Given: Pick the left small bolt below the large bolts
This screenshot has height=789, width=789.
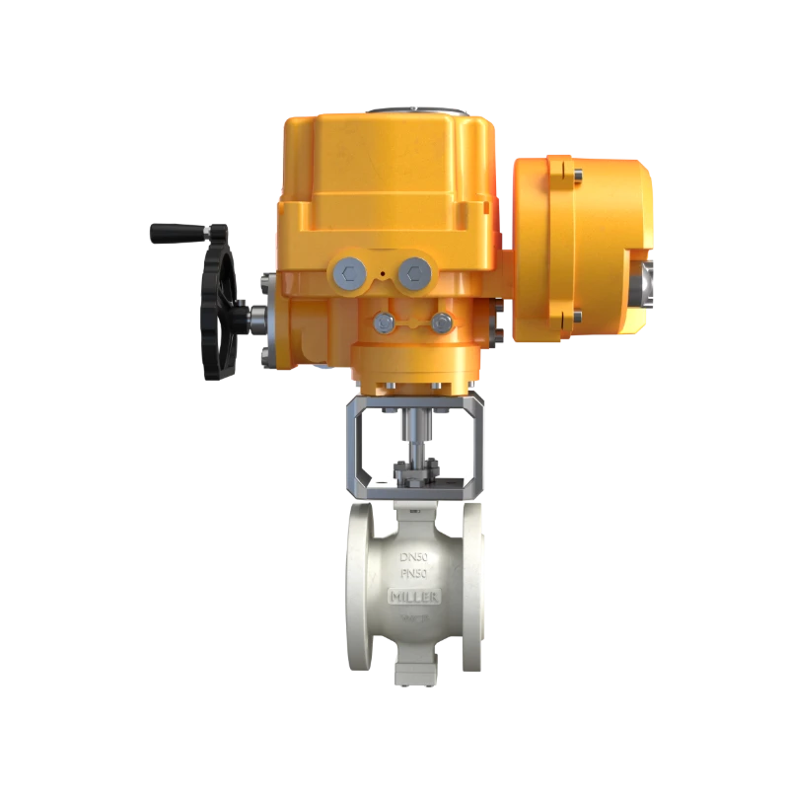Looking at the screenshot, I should coord(383,322).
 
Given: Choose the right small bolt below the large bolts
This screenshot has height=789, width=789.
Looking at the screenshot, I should coord(442,322).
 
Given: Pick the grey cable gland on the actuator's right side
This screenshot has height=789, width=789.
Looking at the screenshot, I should coord(648,281).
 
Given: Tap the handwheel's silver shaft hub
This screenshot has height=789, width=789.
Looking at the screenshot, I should coord(257,318).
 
